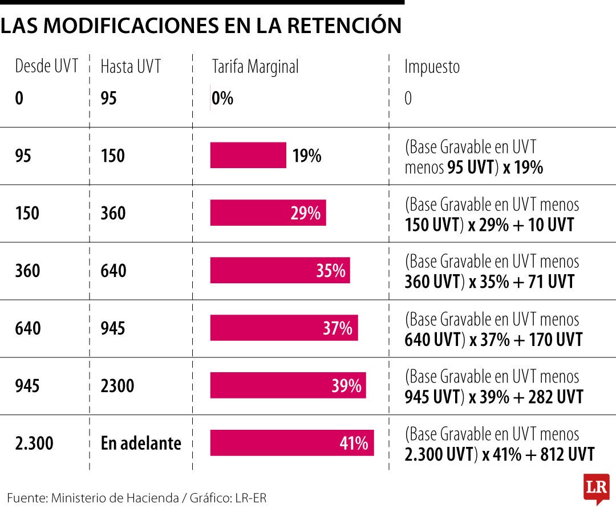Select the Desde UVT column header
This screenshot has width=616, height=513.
(46, 67)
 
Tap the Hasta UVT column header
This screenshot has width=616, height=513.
(131, 67)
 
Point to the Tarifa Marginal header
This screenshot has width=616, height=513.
(255, 67)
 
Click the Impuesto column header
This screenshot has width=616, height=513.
(432, 67)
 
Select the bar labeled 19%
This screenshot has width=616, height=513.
(248, 156)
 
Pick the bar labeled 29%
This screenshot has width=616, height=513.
(268, 213)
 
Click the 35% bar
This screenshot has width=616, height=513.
(280, 271)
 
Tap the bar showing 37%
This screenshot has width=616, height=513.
(284, 328)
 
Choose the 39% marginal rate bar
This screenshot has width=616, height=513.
(288, 386)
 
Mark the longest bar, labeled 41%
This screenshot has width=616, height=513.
(292, 443)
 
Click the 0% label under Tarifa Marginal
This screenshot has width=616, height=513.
(222, 99)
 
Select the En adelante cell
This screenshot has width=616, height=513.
(141, 443)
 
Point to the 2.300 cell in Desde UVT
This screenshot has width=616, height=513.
(34, 443)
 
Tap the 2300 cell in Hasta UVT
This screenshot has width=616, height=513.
(117, 386)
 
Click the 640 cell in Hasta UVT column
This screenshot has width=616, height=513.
(113, 271)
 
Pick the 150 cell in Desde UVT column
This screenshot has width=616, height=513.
(27, 213)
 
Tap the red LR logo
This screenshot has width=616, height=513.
(596, 488)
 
